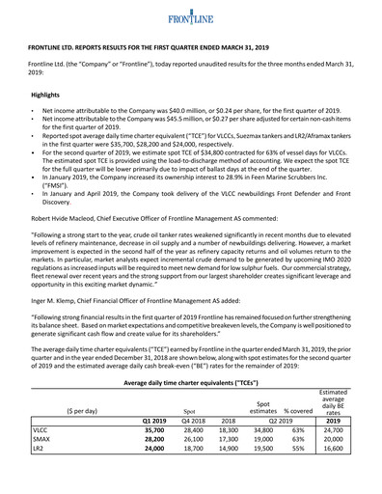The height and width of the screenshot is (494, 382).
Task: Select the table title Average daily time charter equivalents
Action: (190, 382)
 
